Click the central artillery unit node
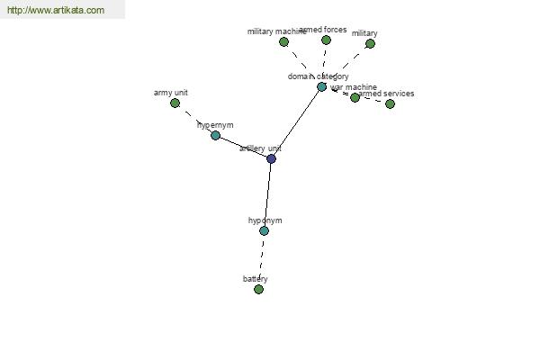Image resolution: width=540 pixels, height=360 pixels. coord(271,158)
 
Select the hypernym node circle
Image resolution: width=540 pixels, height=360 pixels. coord(215,135)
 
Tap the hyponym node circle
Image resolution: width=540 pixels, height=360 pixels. coord(264,230)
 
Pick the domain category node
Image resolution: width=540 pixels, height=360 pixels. coord(321,86)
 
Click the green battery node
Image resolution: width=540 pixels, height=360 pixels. coord(258,289)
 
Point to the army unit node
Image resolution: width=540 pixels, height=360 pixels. coord(175,103)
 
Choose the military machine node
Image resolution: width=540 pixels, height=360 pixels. coord(283,41)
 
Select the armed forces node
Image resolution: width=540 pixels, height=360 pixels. coord(326,40)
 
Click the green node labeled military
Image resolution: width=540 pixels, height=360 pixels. coord(370,43)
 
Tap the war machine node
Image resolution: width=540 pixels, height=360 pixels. coord(355,97)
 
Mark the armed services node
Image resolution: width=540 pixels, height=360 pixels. coord(390,103)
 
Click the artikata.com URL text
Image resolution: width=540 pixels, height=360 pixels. coord(55,11)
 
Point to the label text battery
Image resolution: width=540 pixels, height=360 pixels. coord(255,279)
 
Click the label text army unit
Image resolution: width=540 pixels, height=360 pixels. coord(171,93)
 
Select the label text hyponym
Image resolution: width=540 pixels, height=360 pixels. coord(265,220)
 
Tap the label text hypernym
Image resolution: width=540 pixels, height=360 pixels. coord(215,125)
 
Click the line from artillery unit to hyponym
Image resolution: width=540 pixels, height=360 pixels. coord(267,194)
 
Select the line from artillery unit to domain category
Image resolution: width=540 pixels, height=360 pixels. coord(296,122)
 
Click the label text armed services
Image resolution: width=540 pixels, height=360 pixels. coord(388,94)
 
